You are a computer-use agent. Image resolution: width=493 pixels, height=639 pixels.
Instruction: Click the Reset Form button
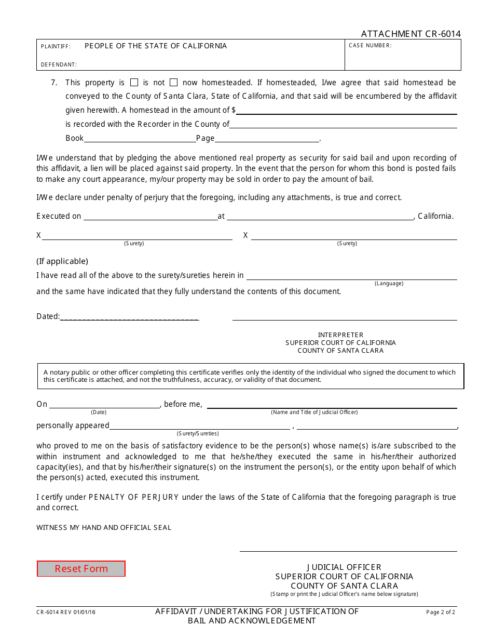pyautogui.click(x=81, y=569)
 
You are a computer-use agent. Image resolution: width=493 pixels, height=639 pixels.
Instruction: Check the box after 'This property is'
pyautogui.click(x=134, y=82)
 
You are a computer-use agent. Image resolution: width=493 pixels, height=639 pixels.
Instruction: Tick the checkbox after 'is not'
pyautogui.click(x=174, y=82)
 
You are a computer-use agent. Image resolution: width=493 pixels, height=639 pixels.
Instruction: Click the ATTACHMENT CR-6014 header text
pyautogui.click(x=410, y=34)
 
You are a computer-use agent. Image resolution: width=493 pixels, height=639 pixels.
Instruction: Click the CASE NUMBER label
pyautogui.click(x=370, y=46)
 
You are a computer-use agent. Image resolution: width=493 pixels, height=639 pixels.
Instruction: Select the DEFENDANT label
pyautogui.click(x=59, y=65)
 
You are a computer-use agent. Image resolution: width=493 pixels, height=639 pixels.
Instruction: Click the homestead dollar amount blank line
pyautogui.click(x=346, y=111)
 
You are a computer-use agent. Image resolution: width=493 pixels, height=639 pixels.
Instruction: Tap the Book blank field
pyautogui.click(x=140, y=139)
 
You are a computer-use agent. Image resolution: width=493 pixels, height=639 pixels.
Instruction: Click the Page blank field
pyautogui.click(x=267, y=139)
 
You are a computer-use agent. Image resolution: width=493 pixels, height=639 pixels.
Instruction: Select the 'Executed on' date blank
pyautogui.click(x=150, y=217)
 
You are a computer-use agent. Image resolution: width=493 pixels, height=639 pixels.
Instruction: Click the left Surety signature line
pyautogui.click(x=137, y=236)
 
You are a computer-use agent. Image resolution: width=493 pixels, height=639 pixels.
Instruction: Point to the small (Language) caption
pyautogui.click(x=389, y=284)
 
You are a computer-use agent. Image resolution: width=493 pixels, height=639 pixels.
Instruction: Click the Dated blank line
pyautogui.click(x=129, y=317)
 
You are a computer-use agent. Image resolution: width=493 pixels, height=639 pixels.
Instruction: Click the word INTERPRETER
pyautogui.click(x=340, y=335)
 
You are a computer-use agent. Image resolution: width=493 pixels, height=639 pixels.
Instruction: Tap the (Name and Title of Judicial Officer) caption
pyautogui.click(x=314, y=412)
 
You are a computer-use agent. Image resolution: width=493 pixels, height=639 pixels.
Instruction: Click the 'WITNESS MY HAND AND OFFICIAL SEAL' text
pyautogui.click(x=104, y=528)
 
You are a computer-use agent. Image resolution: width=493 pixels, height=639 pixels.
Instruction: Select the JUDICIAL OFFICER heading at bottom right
pyautogui.click(x=344, y=567)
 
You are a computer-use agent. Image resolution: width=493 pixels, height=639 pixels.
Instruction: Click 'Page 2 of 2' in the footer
pyautogui.click(x=441, y=613)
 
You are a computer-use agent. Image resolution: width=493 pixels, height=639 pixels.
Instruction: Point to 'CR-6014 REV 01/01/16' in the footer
pyautogui.click(x=66, y=613)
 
